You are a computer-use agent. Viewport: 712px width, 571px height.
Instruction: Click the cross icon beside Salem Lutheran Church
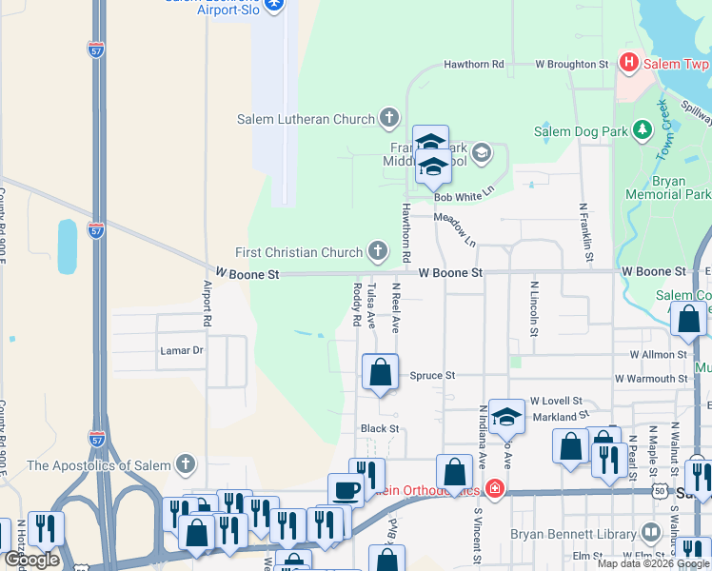[x=388, y=119]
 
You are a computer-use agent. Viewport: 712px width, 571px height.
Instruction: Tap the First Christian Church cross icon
[x=378, y=251]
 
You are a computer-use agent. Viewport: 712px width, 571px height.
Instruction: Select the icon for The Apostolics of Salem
[x=186, y=465]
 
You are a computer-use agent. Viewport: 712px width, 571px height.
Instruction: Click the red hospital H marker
[x=628, y=63]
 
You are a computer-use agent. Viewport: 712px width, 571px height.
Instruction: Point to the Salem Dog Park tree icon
[x=643, y=130]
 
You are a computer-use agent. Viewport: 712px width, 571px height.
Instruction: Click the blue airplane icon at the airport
[x=275, y=5]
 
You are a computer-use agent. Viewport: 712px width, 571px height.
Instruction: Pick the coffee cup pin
[x=345, y=489]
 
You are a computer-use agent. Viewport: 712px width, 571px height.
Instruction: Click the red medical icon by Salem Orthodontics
[x=493, y=490]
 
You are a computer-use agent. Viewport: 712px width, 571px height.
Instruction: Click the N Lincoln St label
[x=534, y=308]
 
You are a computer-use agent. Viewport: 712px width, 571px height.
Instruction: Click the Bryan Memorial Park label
[x=668, y=187]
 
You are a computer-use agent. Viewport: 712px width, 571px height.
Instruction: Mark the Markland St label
[x=554, y=417]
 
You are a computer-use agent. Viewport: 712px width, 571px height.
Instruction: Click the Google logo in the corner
[x=31, y=560]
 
